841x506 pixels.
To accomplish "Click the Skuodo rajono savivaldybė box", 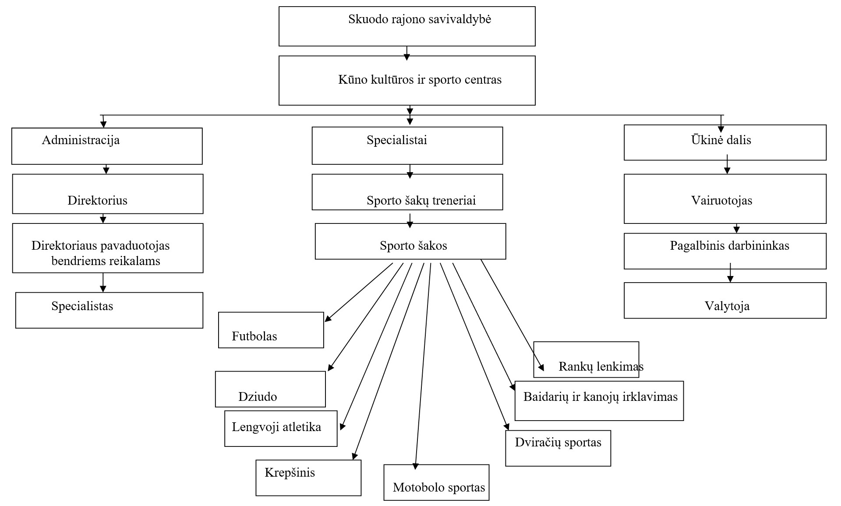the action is point(407,26).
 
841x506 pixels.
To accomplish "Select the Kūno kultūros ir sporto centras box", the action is point(407,80).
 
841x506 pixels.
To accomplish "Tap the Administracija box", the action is point(107,146).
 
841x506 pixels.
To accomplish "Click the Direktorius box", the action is point(108,194).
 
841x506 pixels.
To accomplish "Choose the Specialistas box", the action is point(109,310).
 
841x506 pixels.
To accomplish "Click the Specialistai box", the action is point(407,145).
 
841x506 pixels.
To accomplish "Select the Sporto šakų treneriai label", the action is point(421,201).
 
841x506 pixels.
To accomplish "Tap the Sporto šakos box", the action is point(410,241).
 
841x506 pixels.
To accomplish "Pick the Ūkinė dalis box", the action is point(725,142).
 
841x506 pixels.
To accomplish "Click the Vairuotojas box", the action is point(725,199).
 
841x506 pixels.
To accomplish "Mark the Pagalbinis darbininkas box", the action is point(725,251).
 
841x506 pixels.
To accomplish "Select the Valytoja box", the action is point(725,301).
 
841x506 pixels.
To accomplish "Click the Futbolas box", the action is point(271,330).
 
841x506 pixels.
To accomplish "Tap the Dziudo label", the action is point(258,397).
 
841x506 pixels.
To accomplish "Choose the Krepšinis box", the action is point(308,478).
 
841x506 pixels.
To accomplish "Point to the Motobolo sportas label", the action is point(439,488).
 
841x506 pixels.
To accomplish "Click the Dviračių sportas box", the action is point(558,448).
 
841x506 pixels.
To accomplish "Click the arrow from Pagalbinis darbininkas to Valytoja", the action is point(730,272).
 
